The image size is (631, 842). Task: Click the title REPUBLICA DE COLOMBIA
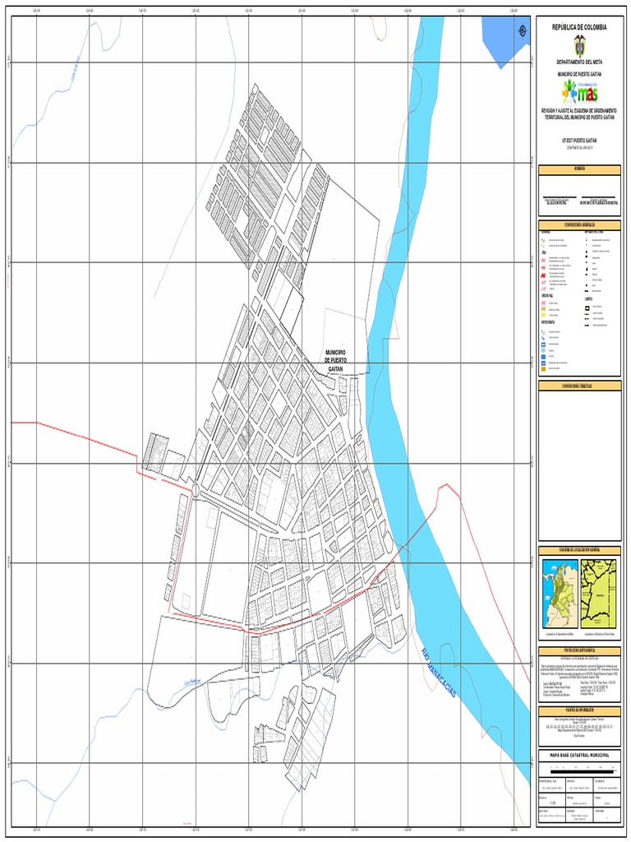tap(580, 27)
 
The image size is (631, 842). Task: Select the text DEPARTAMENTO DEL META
tap(580, 62)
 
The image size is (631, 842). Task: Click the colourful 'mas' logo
tap(580, 90)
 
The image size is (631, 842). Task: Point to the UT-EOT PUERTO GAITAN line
tap(580, 141)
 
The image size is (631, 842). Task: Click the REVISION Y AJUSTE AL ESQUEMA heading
tap(580, 113)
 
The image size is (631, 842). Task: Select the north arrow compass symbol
tap(523, 31)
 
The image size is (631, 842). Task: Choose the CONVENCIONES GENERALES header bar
tap(580, 224)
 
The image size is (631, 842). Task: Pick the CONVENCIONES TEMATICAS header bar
tap(580, 385)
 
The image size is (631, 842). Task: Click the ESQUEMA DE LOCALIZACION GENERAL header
tap(580, 549)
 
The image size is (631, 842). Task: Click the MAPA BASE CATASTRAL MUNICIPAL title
tap(580, 752)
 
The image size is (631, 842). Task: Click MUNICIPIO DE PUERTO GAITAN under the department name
tap(580, 73)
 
